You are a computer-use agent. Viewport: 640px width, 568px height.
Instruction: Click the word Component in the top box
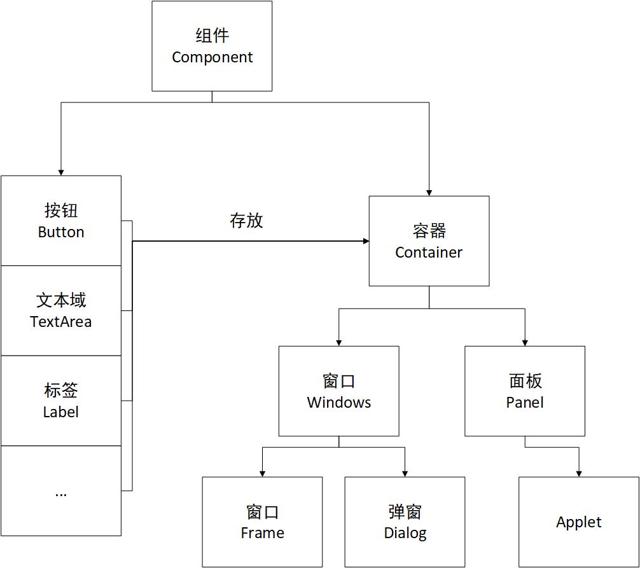coord(212,57)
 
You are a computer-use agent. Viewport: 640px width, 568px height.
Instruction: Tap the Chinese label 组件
coord(212,36)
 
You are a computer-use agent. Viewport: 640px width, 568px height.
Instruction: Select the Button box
coord(61,221)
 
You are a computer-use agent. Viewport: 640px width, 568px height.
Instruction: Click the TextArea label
coord(61,322)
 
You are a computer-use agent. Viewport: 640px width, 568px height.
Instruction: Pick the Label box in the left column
coord(61,401)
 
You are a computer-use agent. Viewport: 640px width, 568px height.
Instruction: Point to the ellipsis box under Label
coord(61,490)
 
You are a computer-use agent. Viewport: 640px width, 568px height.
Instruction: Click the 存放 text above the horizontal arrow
coord(246,221)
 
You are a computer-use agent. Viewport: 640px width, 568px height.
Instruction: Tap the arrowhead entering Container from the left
coord(366,241)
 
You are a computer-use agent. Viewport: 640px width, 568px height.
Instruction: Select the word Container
coord(429,253)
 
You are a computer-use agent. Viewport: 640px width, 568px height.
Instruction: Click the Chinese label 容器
coord(429,230)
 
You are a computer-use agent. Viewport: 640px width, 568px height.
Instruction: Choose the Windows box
coord(339,391)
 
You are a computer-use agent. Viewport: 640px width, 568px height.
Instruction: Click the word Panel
coord(525,403)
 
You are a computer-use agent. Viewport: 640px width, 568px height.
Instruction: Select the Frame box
coord(262,522)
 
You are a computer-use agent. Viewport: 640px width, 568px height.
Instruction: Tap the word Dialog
coord(405,533)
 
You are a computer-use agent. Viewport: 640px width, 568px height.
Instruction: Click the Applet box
coord(578,522)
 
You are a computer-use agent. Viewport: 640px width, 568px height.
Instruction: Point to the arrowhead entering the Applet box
coord(579,473)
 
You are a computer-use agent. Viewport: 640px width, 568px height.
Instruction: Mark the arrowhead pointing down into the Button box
coord(61,172)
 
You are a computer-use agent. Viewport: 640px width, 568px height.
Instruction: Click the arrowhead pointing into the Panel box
coord(525,342)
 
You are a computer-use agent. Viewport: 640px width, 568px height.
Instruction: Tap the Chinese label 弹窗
coord(405,511)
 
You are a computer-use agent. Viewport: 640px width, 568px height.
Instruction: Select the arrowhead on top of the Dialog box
coord(405,473)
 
